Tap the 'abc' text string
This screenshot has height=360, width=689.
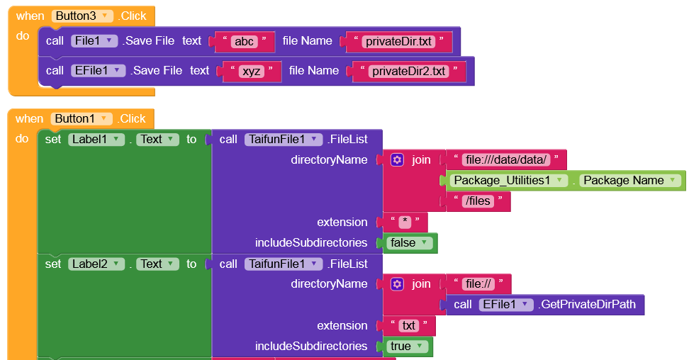[x=244, y=41]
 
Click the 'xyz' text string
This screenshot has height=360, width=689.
[x=251, y=71]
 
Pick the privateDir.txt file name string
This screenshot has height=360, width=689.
[x=398, y=41]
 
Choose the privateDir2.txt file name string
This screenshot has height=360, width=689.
[x=408, y=71]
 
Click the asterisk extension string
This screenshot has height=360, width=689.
[x=405, y=223]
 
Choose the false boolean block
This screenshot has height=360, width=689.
[x=410, y=243]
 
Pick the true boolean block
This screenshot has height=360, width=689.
[x=408, y=347]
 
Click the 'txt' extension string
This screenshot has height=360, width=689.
[x=408, y=326]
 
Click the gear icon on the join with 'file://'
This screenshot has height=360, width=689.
[x=397, y=284]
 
